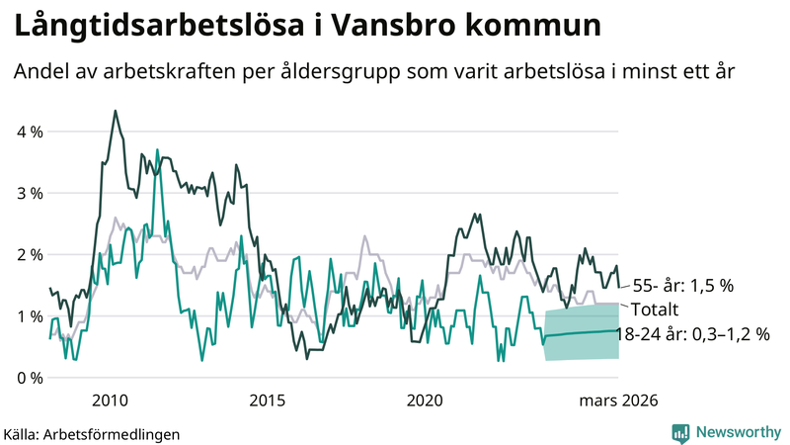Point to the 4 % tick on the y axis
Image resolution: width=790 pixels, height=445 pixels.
tap(29, 132)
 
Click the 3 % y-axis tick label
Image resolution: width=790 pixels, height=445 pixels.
tap(29, 193)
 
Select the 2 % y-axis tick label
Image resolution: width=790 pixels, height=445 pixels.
tap(29, 254)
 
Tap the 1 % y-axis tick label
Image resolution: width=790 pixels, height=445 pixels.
tap(29, 316)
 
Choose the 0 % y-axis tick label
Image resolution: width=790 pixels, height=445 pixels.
tap(29, 378)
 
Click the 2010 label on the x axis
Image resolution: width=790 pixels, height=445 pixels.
tap(110, 400)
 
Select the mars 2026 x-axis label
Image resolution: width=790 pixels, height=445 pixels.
tap(619, 400)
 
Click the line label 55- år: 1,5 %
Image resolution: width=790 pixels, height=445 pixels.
tap(683, 286)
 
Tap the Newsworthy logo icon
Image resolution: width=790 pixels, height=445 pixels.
tap(680, 432)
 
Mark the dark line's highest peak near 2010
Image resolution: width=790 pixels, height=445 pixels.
tap(116, 111)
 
